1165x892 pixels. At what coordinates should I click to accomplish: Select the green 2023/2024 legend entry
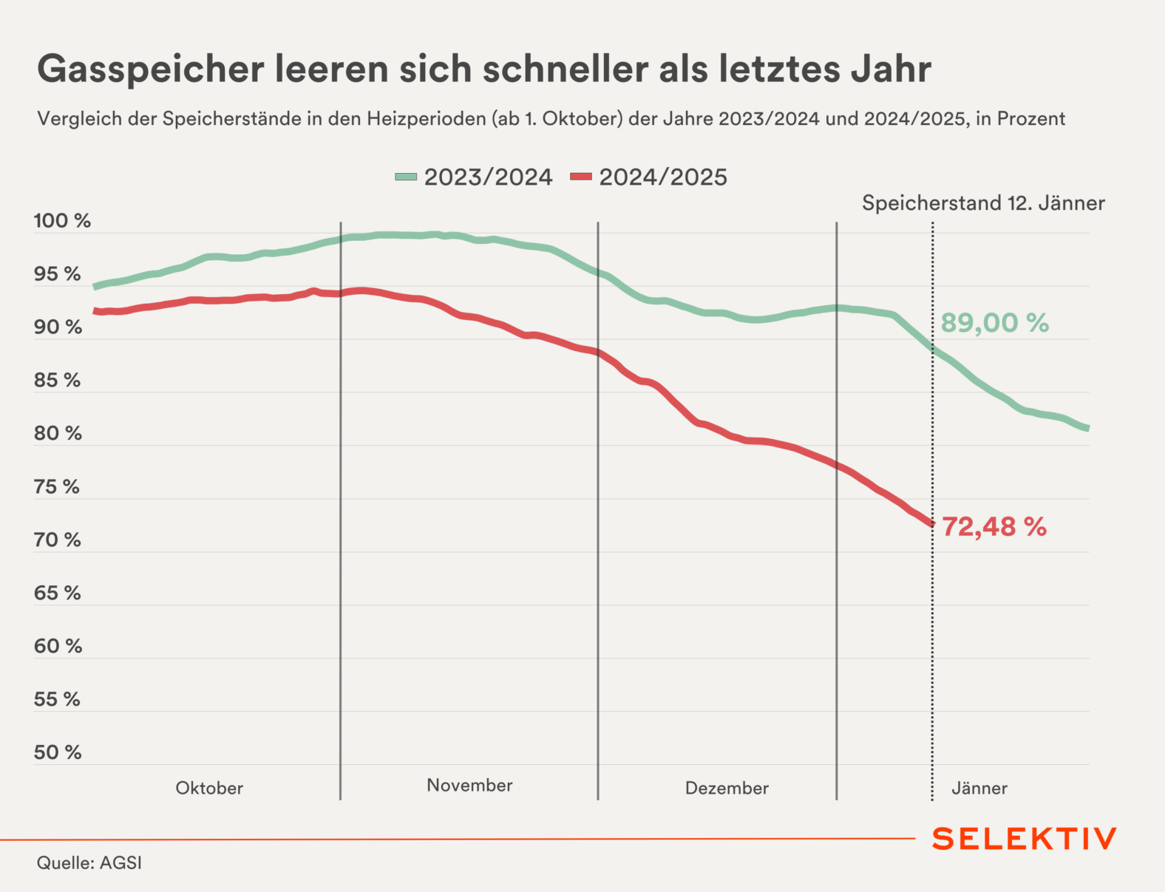474,177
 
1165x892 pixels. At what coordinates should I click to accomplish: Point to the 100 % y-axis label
62,221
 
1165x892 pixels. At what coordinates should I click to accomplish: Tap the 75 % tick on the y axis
57,487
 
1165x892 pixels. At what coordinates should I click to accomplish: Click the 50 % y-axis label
58,752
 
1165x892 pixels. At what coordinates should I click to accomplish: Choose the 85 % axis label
58,381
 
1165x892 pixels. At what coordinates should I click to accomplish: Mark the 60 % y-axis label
58,647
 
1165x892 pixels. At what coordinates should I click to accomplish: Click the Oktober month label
209,789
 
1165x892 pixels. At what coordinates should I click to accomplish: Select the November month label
469,786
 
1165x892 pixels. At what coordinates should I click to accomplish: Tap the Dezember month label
727,789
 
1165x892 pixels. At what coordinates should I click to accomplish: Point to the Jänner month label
979,789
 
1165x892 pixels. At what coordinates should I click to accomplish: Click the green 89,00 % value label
994,323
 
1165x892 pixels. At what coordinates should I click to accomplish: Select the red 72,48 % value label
994,527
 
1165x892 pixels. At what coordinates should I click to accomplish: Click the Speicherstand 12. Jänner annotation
983,203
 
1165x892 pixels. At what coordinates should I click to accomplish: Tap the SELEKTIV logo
1024,839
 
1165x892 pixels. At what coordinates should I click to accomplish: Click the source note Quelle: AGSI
89,863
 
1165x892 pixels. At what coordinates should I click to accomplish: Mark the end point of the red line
931,524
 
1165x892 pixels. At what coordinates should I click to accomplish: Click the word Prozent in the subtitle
1031,119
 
